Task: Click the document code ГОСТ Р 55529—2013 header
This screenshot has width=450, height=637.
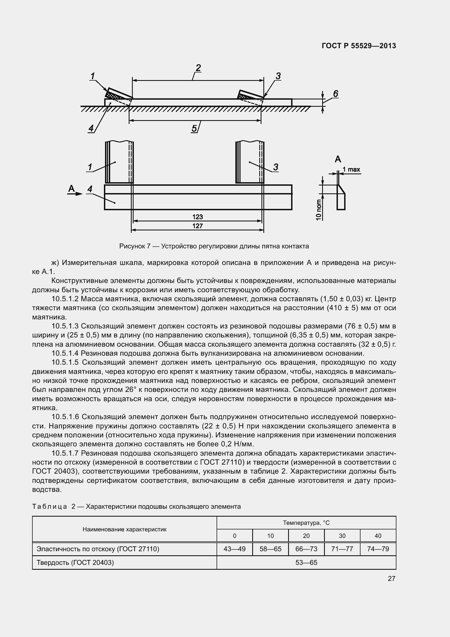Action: pyautogui.click(x=359, y=46)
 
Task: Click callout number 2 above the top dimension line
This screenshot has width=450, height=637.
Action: pyautogui.click(x=198, y=68)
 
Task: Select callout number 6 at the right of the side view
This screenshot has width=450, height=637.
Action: pyautogui.click(x=335, y=94)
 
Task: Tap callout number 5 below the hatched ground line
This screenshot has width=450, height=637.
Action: pyautogui.click(x=194, y=128)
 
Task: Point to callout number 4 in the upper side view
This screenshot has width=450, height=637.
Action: pyautogui.click(x=91, y=128)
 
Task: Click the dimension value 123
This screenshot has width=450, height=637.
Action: pyautogui.click(x=198, y=217)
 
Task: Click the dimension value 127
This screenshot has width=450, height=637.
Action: pyautogui.click(x=198, y=226)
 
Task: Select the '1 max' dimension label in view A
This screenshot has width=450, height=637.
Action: pyautogui.click(x=351, y=169)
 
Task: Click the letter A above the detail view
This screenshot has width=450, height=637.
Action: pyautogui.click(x=338, y=159)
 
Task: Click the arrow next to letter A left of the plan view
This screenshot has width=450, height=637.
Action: pyautogui.click(x=79, y=194)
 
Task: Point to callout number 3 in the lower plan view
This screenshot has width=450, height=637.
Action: pyautogui.click(x=275, y=167)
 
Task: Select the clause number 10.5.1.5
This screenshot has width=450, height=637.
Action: pyautogui.click(x=66, y=362)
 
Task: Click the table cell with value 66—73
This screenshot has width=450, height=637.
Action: pyautogui.click(x=306, y=549)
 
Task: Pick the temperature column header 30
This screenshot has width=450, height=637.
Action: pyautogui.click(x=342, y=536)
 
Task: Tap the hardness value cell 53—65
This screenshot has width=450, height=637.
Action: pyautogui.click(x=306, y=562)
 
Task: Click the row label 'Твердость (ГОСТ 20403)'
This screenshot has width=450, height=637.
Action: pyautogui.click(x=75, y=562)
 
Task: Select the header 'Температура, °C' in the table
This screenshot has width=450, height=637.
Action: pyautogui.click(x=306, y=523)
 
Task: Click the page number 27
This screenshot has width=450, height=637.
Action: pyautogui.click(x=391, y=578)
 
